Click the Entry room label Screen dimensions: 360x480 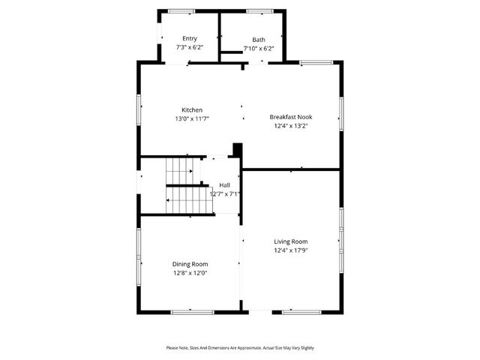click(190, 39)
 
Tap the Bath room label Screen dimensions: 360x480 click(259, 40)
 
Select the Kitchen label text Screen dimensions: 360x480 click(192, 109)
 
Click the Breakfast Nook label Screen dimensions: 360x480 click(291, 117)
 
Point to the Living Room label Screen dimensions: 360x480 click(291, 241)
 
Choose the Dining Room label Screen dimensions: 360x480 click(190, 264)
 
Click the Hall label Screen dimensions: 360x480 click(224, 184)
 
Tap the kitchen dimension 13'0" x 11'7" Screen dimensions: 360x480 click(192, 118)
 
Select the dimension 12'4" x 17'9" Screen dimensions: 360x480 click(291, 250)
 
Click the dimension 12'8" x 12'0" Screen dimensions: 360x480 click(190, 273)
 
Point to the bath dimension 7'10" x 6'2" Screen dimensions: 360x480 click(259, 49)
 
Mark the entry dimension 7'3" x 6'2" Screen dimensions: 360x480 click(190, 48)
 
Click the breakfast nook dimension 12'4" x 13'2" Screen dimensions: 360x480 click(291, 126)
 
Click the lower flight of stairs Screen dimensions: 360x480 click(187, 199)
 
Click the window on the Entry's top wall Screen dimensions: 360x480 click(181, 11)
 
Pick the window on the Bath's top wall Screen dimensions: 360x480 click(260, 11)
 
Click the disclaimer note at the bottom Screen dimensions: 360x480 click(240, 347)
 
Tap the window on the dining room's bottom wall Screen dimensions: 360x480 click(192, 311)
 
